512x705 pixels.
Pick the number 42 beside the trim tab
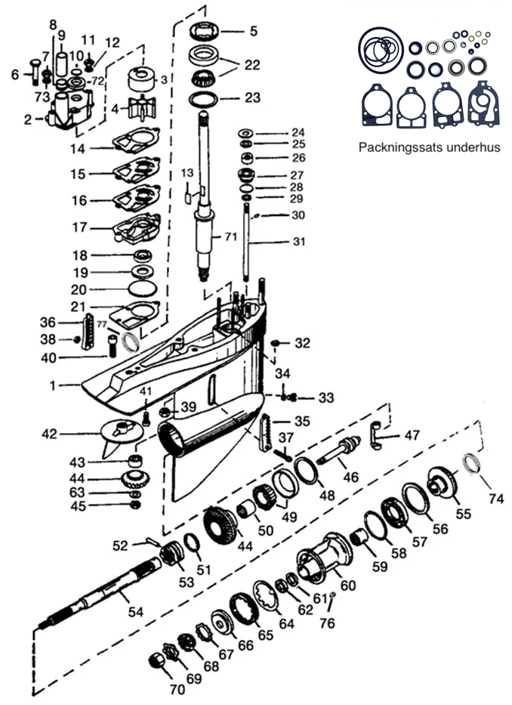(x=48, y=434)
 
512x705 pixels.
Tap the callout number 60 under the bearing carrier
(x=348, y=585)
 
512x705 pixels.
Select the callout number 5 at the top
(x=254, y=31)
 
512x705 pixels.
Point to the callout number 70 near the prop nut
(x=177, y=690)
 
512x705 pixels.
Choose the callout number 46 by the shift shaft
(x=349, y=477)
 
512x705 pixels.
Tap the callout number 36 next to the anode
(x=70, y=321)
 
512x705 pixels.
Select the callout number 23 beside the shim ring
(x=252, y=97)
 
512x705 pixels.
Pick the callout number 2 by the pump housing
(x=27, y=119)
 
